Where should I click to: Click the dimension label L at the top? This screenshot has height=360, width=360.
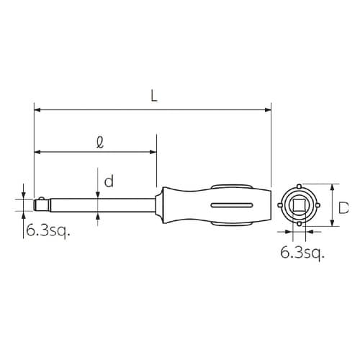154,96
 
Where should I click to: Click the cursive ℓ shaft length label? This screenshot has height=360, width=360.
100,143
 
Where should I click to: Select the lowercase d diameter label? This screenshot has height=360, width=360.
109,181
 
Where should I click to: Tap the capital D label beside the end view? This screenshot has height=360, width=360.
343,208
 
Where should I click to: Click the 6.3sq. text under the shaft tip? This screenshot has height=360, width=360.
48,230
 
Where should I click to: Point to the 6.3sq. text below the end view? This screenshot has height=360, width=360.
302,253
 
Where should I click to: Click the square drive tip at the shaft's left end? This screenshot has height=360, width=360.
42,205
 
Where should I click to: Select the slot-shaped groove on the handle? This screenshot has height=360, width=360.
232,205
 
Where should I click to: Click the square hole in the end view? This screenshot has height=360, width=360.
299,205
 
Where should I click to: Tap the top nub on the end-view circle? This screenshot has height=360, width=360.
299,186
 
